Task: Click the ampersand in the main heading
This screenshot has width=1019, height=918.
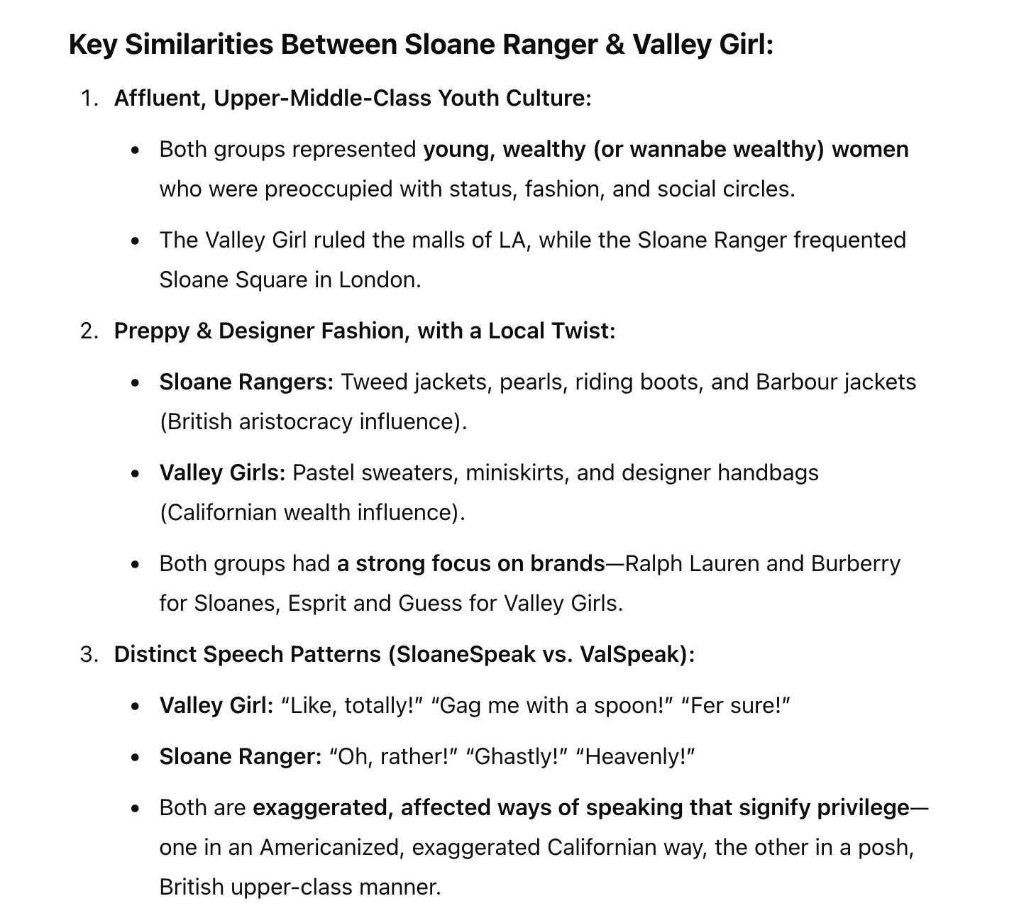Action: tap(615, 45)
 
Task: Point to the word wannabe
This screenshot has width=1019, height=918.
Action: tap(677, 149)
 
